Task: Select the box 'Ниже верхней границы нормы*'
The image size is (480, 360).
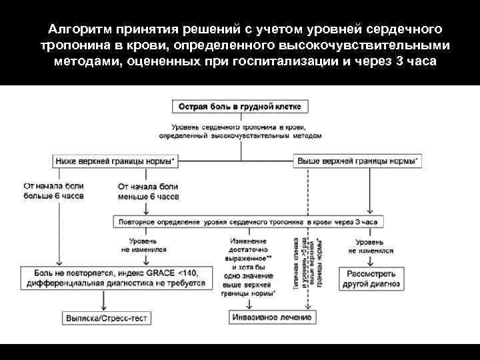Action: click(x=119, y=161)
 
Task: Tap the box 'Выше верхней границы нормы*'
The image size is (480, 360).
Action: click(x=358, y=161)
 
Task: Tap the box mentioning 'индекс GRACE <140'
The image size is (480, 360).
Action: click(x=113, y=279)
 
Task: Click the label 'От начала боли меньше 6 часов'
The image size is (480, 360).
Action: click(x=148, y=192)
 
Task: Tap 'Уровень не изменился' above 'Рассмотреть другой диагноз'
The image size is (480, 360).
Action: click(x=370, y=246)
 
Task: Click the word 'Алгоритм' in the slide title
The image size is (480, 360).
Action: click(x=79, y=30)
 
